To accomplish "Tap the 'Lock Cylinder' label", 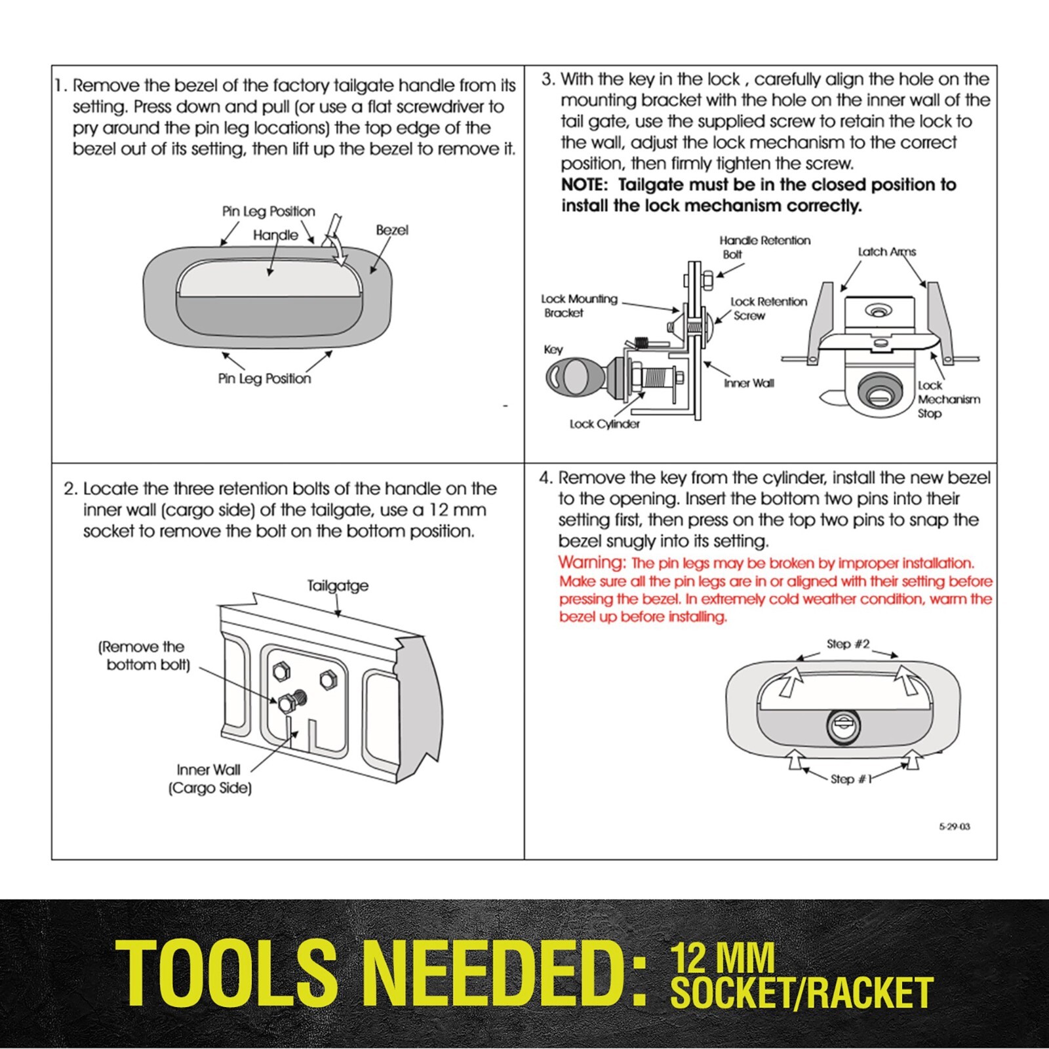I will pyautogui.click(x=604, y=424).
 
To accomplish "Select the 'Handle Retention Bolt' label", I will pyautogui.click(x=764, y=247).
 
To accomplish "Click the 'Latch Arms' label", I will pyautogui.click(x=886, y=252).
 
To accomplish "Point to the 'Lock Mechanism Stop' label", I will pyautogui.click(x=948, y=399).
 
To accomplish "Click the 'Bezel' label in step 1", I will pyautogui.click(x=392, y=230).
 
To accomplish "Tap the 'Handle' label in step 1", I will pyautogui.click(x=275, y=235).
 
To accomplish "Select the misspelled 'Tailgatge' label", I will pyautogui.click(x=338, y=585).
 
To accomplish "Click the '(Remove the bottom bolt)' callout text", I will pyautogui.click(x=144, y=656).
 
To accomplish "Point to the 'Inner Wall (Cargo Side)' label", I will pyautogui.click(x=208, y=779).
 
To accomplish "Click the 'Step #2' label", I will pyautogui.click(x=848, y=644).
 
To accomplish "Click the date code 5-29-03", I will pyautogui.click(x=954, y=827).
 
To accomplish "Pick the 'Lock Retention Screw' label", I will pyautogui.click(x=768, y=308).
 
